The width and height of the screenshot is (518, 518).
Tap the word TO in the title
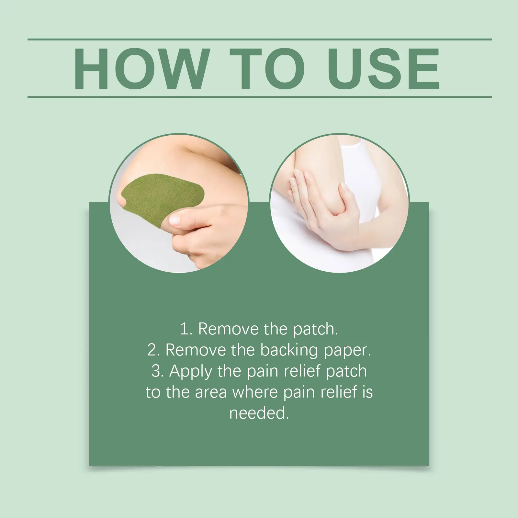[x=267, y=68]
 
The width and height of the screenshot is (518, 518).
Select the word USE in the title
[x=385, y=68]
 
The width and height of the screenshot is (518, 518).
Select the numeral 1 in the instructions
[x=184, y=329]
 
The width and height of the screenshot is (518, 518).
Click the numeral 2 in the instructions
[x=152, y=350]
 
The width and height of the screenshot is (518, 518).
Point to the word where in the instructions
[x=255, y=392]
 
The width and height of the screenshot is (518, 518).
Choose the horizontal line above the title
[x=260, y=39]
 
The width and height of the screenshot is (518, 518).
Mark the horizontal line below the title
[x=260, y=97]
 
